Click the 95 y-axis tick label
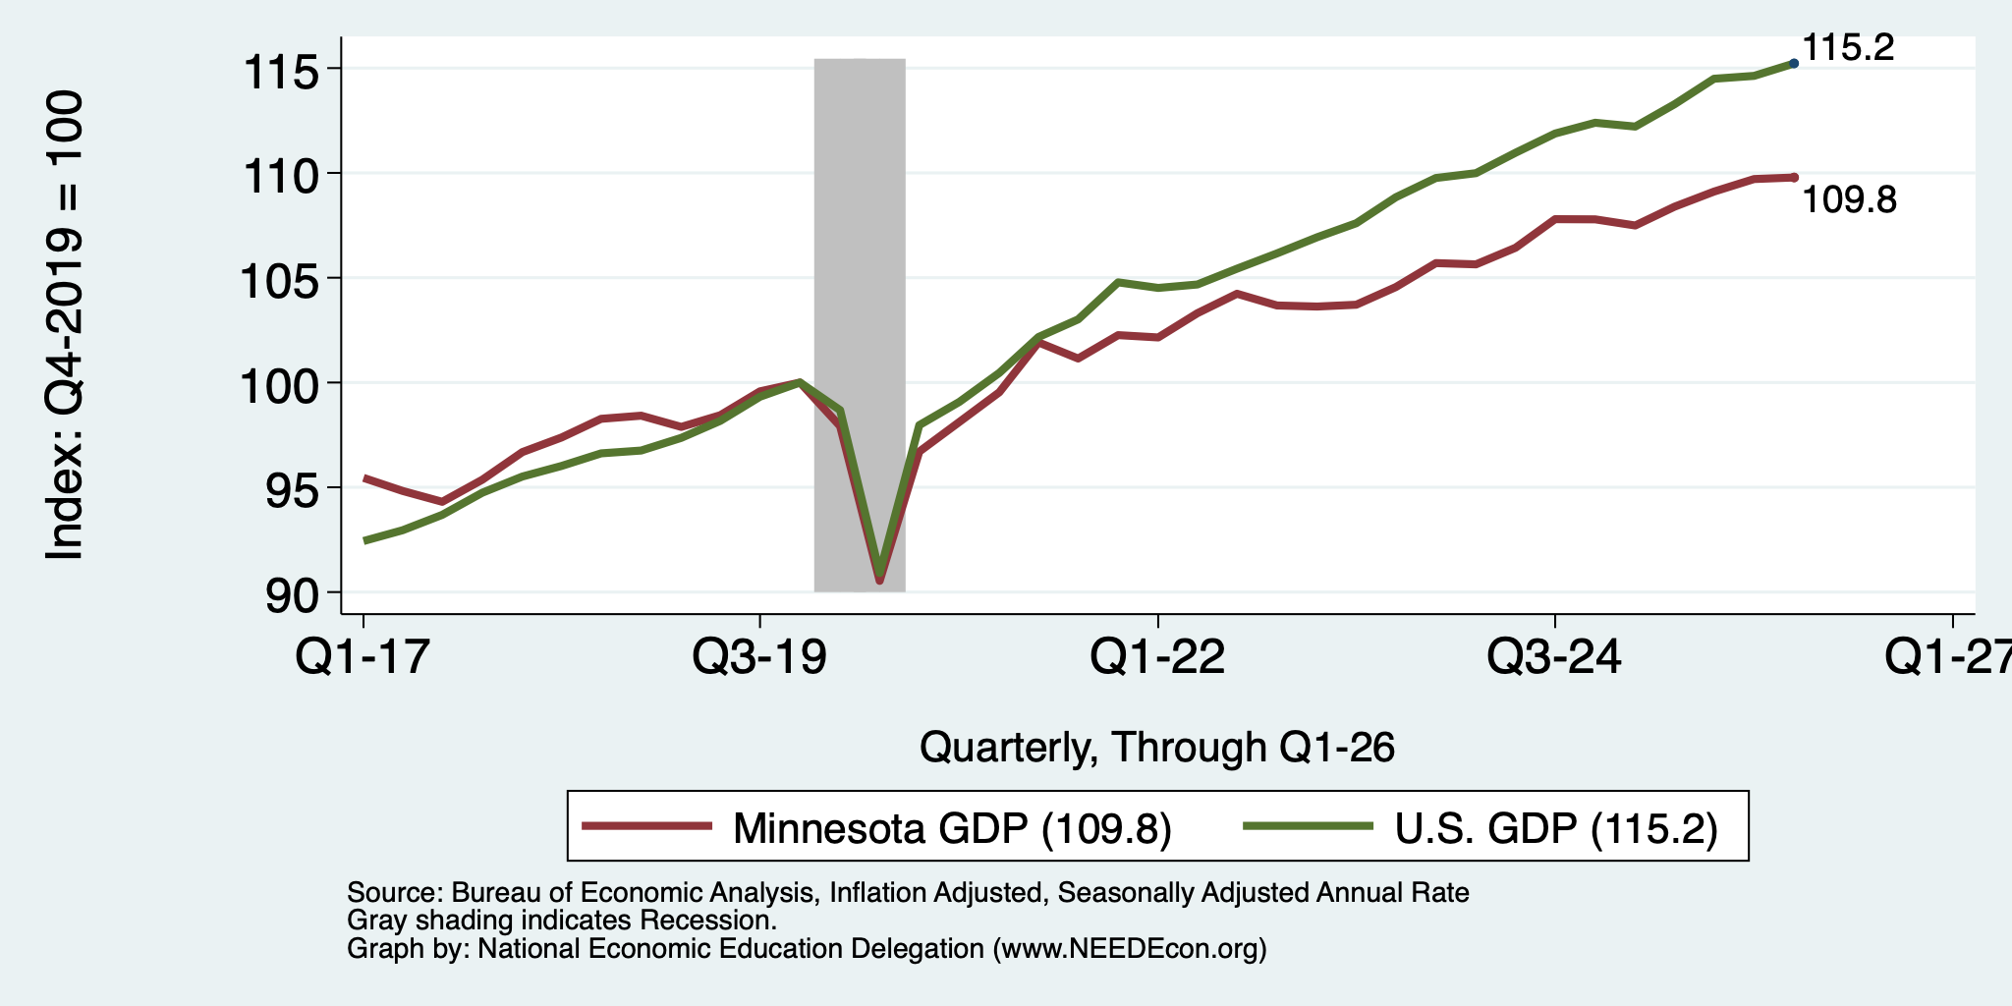pyautogui.click(x=296, y=489)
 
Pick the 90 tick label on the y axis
pyautogui.click(x=296, y=594)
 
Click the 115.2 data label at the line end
pyautogui.click(x=1848, y=47)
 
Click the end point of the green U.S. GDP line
pyautogui.click(x=1794, y=63)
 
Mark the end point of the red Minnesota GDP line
pyautogui.click(x=1794, y=177)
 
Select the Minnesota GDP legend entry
pyautogui.click(x=877, y=827)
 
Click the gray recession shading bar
pyautogui.click(x=860, y=325)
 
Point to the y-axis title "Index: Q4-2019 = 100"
pyautogui.click(x=65, y=325)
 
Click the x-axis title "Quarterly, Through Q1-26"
pyautogui.click(x=1157, y=748)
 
